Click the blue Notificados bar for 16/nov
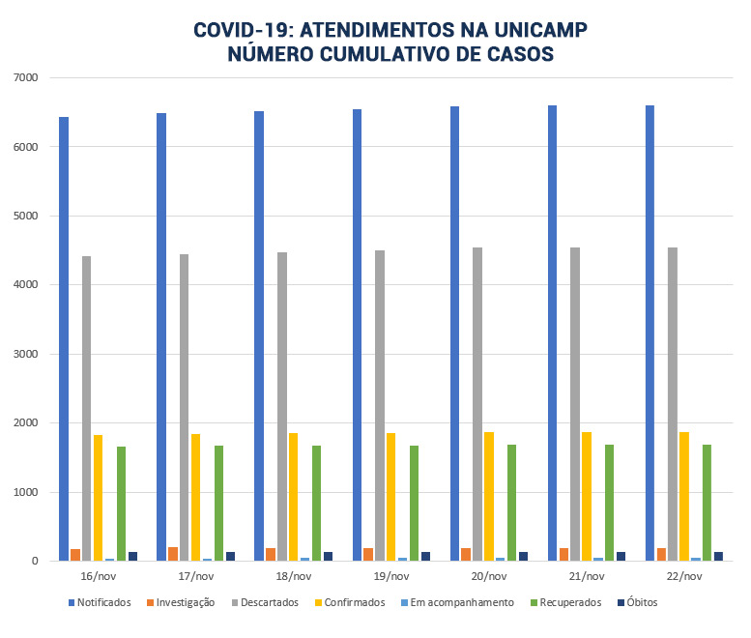click(64, 338)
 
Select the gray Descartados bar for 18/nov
click(282, 406)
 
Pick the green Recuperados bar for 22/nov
click(708, 503)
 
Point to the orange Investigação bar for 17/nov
click(173, 554)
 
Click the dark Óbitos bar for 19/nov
click(426, 556)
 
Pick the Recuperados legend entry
click(568, 602)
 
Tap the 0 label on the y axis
click(33, 561)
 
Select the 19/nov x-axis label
click(390, 576)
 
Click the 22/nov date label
click(683, 576)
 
